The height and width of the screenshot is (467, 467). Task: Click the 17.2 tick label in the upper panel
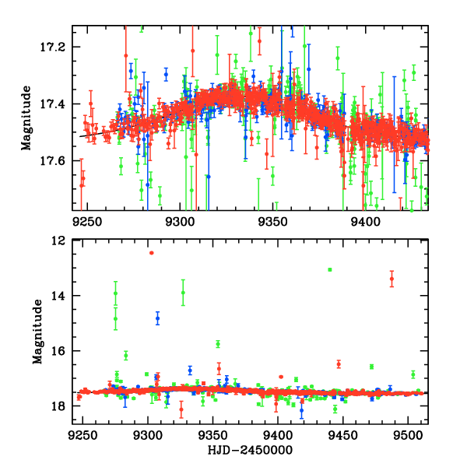point(57,47)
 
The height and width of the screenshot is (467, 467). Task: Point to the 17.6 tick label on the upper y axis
point(57,161)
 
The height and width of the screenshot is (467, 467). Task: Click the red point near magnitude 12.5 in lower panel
point(151,253)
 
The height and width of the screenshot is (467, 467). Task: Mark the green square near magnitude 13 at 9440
point(330,269)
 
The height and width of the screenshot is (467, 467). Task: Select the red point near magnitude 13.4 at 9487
point(392,279)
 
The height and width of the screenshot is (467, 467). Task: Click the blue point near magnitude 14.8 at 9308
point(157,318)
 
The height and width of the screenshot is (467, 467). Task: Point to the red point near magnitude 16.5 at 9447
point(339,363)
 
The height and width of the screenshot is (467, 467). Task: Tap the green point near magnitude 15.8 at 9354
point(218,344)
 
